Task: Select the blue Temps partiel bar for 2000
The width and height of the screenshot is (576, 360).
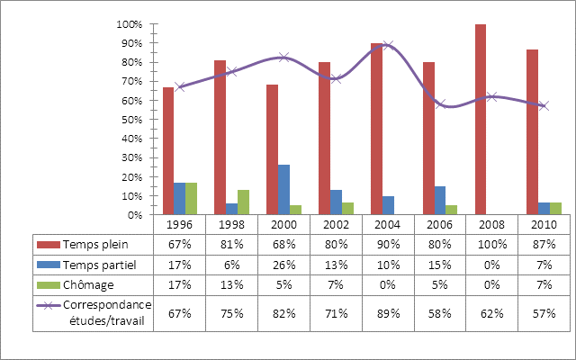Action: pyautogui.click(x=283, y=190)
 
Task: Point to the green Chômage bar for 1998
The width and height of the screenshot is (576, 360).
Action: pyautogui.click(x=243, y=202)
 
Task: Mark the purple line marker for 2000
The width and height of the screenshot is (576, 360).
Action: pyautogui.click(x=283, y=57)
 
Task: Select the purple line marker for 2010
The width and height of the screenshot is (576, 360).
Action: pyautogui.click(x=544, y=105)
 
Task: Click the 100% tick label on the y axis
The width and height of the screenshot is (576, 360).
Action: pyautogui.click(x=130, y=24)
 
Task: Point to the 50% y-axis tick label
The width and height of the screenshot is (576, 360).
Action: pyautogui.click(x=132, y=120)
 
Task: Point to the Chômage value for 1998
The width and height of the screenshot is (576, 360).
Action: pyautogui.click(x=231, y=286)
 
